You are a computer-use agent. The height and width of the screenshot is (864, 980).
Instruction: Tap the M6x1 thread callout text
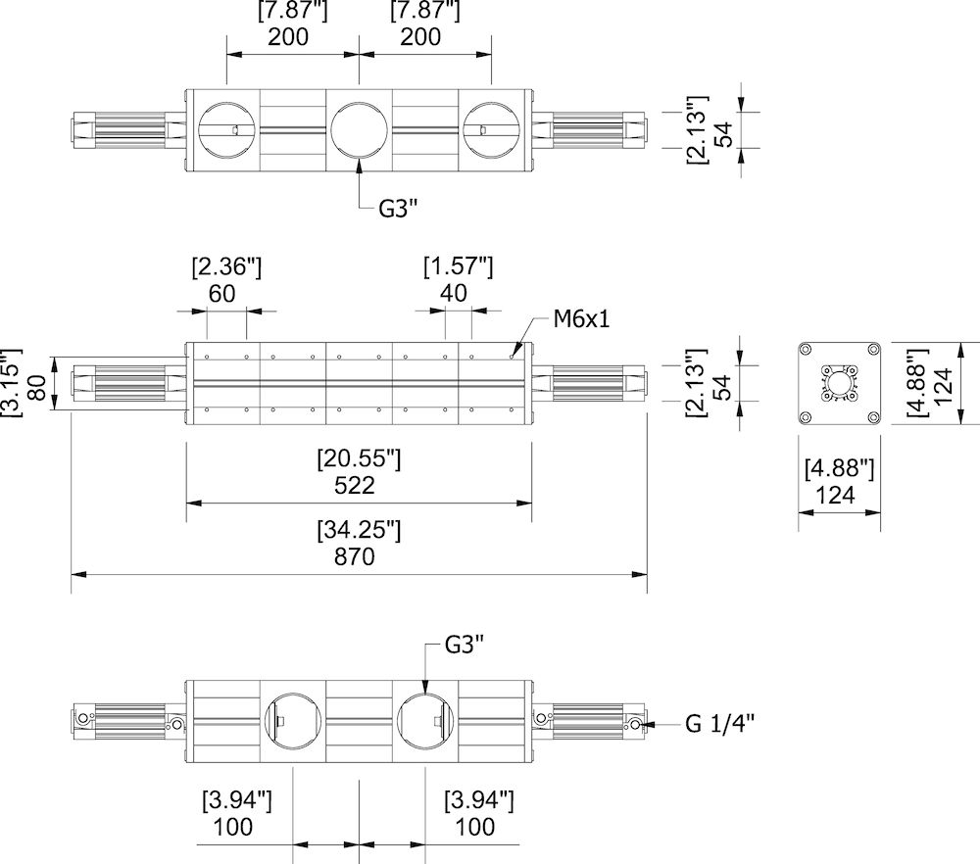[581, 318]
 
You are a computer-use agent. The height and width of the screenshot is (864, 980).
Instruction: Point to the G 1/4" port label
[719, 724]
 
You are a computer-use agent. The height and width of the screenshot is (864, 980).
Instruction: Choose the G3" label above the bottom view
[465, 645]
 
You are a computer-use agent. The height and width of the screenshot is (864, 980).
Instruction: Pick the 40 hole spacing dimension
[454, 293]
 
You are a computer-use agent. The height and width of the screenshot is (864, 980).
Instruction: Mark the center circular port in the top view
[359, 129]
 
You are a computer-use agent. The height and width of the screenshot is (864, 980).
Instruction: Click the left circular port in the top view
[227, 129]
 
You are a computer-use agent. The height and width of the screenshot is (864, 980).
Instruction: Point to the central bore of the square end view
[839, 384]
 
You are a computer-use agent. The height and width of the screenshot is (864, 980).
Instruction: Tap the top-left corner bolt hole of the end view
[806, 351]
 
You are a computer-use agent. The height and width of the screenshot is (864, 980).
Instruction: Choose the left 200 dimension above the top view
[287, 37]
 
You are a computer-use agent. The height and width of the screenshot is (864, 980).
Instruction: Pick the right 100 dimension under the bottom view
[475, 826]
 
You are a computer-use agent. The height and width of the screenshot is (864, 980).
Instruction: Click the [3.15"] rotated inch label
[11, 383]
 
